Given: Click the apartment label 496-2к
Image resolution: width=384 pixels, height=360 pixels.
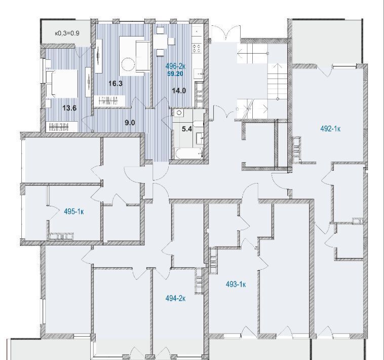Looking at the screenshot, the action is (x=175, y=66).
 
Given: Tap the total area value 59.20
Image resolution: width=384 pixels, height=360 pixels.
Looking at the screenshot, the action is (x=175, y=74).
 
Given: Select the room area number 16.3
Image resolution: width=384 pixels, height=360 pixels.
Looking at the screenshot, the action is (x=116, y=84).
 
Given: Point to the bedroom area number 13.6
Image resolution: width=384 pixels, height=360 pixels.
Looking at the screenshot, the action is (x=69, y=108).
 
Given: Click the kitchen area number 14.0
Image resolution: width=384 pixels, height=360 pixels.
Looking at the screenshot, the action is (x=179, y=91).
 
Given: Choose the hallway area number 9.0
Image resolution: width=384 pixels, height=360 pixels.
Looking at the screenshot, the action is (x=130, y=123).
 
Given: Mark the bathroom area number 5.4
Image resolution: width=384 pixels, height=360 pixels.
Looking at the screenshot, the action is (x=186, y=129).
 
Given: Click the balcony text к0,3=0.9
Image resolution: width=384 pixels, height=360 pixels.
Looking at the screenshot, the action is (x=67, y=33).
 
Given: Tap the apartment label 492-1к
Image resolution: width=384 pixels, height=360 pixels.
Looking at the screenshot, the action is (x=330, y=129).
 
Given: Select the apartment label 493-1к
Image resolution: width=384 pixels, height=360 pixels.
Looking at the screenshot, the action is (x=236, y=284).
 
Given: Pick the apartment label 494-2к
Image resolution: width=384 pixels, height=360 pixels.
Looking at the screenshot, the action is (x=175, y=299).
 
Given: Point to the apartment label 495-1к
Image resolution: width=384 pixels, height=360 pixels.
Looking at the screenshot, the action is (x=74, y=211).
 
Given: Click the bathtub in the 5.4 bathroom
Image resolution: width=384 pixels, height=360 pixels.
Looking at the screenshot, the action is (x=188, y=154).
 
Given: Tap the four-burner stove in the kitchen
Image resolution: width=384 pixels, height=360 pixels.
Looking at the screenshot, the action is (x=197, y=48).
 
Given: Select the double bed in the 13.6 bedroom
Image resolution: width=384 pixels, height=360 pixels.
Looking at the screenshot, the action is (x=62, y=84).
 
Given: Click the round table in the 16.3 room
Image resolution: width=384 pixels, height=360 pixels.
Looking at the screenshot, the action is (x=128, y=65).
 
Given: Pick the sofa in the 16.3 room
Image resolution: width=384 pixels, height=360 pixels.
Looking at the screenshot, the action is (x=142, y=56).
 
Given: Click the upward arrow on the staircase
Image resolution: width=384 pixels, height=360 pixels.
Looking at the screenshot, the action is (x=278, y=81).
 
